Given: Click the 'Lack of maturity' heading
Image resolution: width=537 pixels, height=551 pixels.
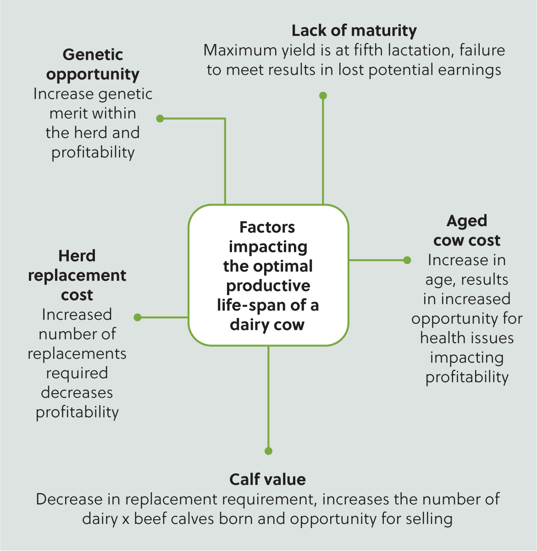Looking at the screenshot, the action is [x=354, y=31].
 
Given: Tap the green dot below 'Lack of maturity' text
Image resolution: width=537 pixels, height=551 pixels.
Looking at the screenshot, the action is [x=323, y=96].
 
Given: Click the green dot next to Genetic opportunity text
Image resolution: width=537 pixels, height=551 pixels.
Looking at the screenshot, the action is [x=160, y=119].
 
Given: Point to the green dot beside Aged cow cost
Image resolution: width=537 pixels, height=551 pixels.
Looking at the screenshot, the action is [x=407, y=260].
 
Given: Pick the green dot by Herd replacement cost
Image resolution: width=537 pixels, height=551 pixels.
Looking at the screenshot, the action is [x=138, y=317].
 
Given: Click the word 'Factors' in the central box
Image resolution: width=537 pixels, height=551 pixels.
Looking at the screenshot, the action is [x=267, y=227].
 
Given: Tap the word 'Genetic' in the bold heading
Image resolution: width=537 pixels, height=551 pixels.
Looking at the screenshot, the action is [x=93, y=54].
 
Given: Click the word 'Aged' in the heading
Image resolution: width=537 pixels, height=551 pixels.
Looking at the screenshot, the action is [x=467, y=221].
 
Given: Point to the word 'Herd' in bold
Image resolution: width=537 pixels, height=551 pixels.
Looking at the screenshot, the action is [x=77, y=256].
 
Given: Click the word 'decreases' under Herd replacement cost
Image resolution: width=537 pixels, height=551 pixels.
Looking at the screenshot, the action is [x=77, y=392].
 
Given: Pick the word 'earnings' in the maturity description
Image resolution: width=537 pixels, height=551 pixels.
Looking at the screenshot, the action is [x=470, y=70].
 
